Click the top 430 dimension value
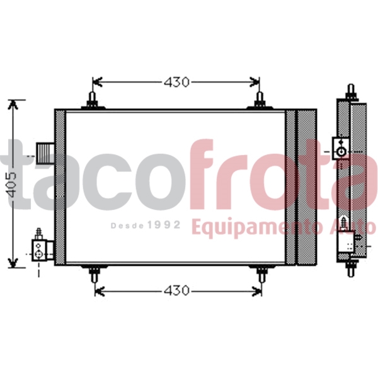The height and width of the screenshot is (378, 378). (x=176, y=82)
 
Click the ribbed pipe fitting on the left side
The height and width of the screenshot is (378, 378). (x=45, y=152)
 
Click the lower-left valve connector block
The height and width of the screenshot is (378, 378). (x=39, y=247)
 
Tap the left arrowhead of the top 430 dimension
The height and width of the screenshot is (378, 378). (x=96, y=82)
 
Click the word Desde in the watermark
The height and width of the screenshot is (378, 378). (x=128, y=225)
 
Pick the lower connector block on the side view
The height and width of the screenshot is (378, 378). (x=345, y=241)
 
